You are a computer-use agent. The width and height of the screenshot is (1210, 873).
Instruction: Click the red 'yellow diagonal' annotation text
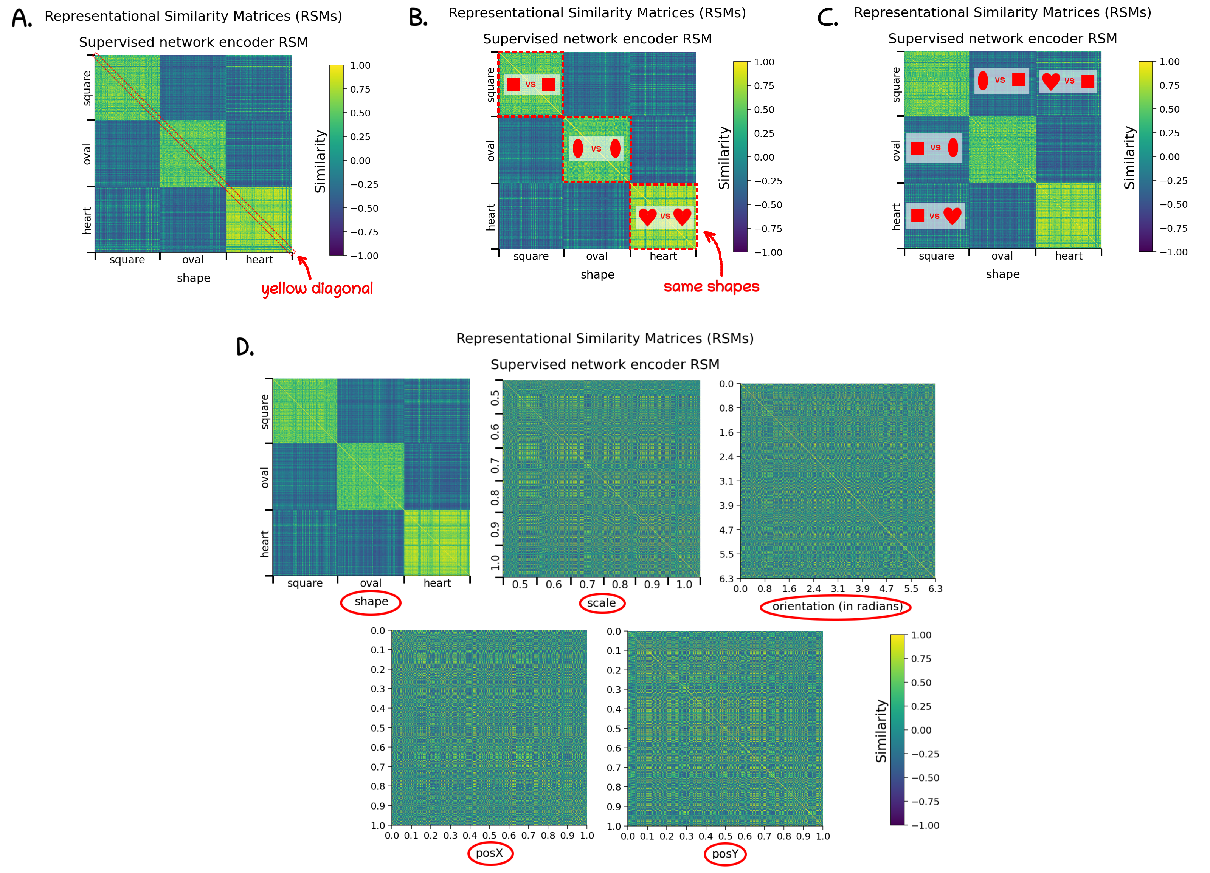click(317, 288)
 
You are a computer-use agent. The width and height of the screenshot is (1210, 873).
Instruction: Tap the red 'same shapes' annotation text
click(711, 286)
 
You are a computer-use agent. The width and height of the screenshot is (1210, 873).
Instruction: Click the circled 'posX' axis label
click(489, 853)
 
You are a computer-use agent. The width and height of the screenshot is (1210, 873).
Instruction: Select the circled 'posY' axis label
click(725, 854)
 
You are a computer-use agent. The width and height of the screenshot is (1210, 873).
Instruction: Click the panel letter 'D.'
click(245, 347)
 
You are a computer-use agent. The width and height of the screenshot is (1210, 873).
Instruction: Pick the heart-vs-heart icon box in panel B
click(665, 217)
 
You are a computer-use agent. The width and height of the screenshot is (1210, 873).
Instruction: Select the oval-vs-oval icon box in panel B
click(596, 148)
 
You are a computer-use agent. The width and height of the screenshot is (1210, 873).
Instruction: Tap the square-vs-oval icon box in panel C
click(934, 148)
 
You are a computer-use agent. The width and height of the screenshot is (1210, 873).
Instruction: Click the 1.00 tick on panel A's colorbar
click(360, 66)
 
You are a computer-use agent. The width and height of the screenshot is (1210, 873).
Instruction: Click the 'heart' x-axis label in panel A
click(259, 260)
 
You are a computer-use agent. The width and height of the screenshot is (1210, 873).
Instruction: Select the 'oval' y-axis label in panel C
click(896, 150)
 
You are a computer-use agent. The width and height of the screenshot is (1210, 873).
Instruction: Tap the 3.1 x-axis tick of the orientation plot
click(838, 589)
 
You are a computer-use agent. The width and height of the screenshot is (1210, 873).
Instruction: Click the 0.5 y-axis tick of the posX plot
click(378, 728)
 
